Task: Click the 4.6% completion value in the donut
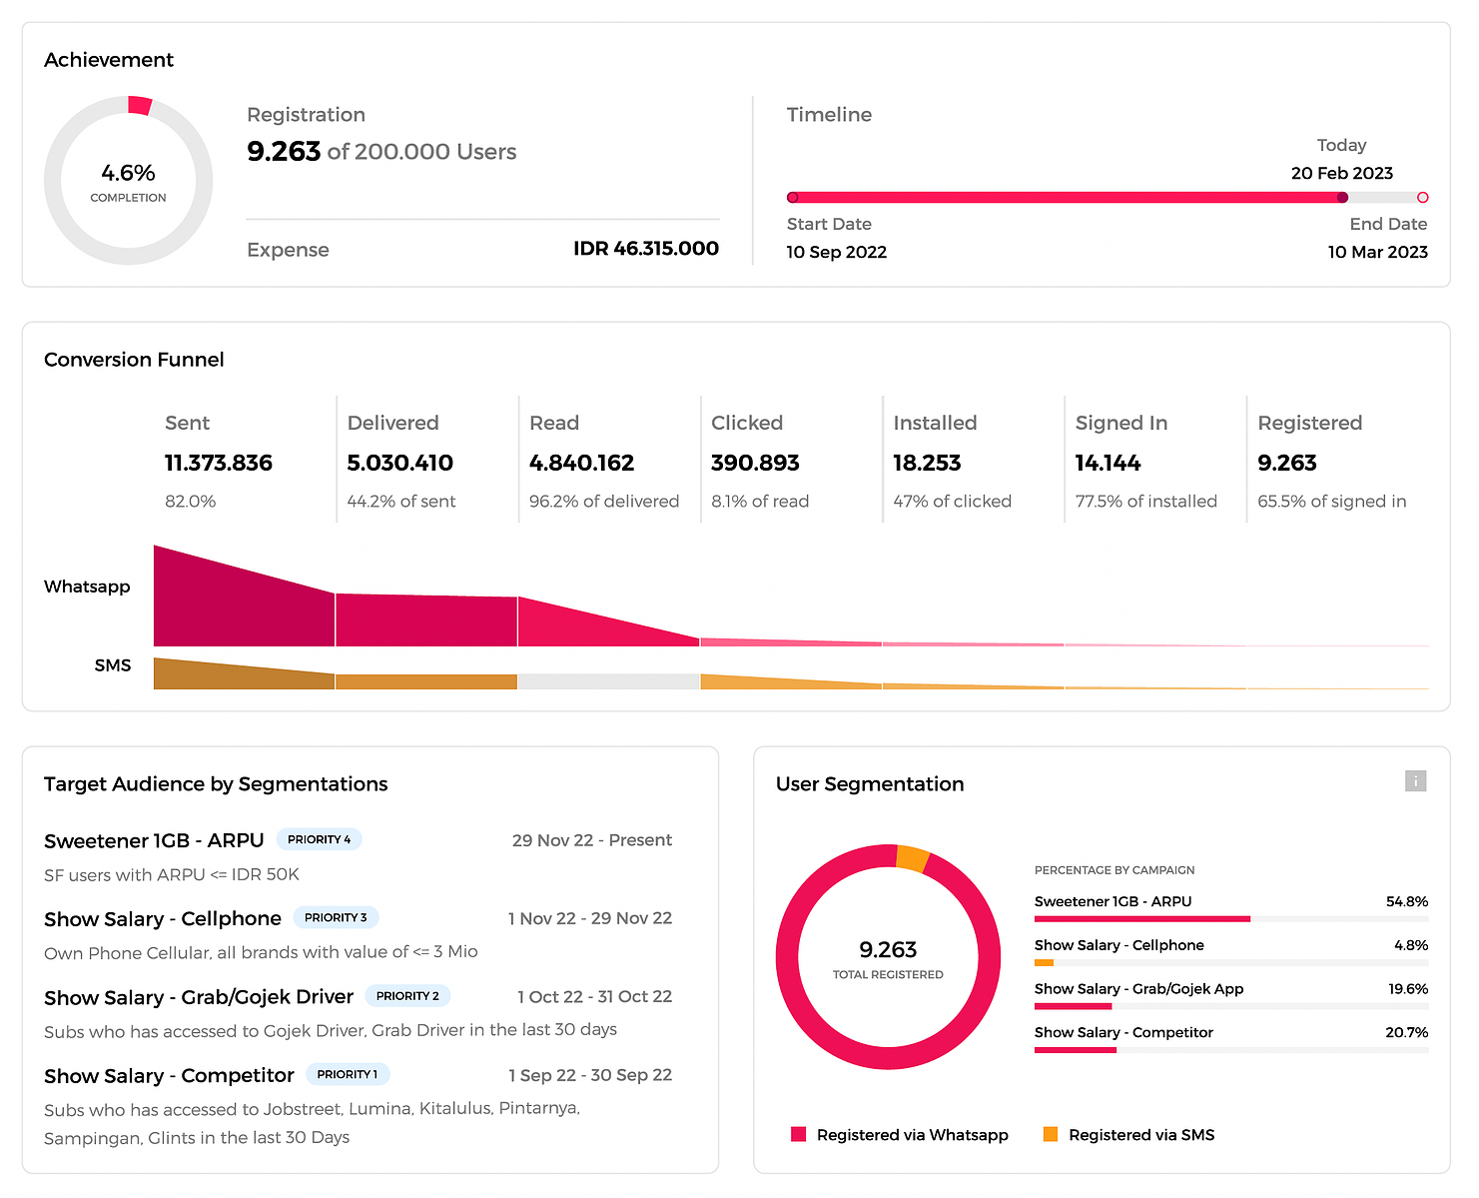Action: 128,172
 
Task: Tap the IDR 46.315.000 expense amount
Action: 646,249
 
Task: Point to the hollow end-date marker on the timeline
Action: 1422,197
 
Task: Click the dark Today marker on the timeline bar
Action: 1342,197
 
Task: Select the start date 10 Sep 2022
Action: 836,252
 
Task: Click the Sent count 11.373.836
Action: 218,463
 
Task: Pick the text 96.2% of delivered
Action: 603,501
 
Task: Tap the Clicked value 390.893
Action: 755,463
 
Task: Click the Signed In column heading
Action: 1120,423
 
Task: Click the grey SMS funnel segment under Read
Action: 608,681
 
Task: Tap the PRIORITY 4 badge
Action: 319,839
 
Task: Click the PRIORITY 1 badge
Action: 348,1074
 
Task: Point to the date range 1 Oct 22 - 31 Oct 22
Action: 594,996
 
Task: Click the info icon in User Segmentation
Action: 1415,780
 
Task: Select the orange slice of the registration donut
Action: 913,858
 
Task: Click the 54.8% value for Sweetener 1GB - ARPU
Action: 1407,901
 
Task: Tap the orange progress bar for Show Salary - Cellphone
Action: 1044,962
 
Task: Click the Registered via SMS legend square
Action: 1050,1134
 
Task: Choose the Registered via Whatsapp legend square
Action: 799,1134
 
